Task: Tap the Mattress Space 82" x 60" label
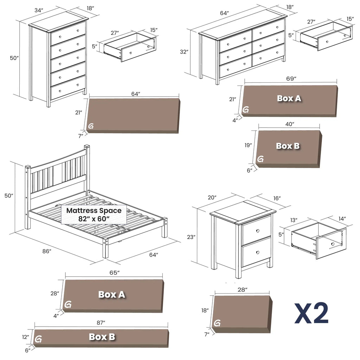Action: click(94, 214)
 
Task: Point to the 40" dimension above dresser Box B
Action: click(289, 124)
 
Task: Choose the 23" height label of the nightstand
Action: click(191, 237)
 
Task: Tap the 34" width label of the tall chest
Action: click(39, 10)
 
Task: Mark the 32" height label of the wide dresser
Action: click(184, 52)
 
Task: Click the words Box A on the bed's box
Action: click(111, 294)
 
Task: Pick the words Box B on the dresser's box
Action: click(288, 146)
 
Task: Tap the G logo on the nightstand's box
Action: click(217, 323)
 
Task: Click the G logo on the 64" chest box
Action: click(91, 126)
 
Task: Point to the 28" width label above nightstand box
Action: click(242, 290)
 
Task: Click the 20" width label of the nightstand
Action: click(212, 198)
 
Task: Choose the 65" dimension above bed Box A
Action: click(114, 272)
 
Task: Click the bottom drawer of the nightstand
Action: click(256, 252)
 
